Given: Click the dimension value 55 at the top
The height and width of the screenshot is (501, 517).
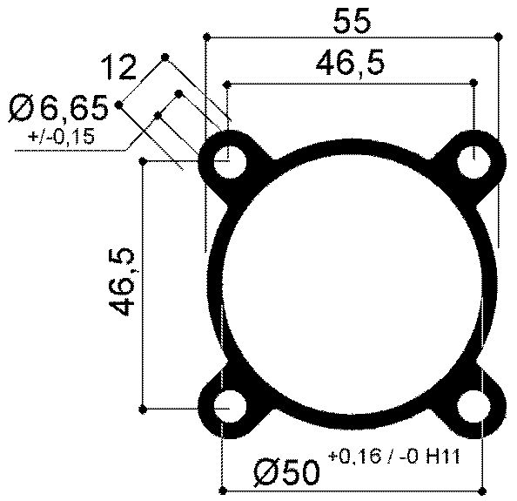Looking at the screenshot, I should [352, 20].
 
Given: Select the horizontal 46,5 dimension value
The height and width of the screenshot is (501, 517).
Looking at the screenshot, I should [352, 64].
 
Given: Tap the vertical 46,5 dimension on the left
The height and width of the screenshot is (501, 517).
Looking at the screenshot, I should [121, 281].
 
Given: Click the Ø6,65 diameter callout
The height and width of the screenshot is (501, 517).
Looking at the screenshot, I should [58, 109].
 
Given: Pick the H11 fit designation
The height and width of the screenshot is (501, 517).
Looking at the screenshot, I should [443, 458].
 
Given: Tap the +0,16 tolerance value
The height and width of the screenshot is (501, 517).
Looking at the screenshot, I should [352, 458].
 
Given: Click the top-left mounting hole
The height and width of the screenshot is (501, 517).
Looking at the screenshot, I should [230, 161].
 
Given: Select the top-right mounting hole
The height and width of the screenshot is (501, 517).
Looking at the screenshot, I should [474, 161].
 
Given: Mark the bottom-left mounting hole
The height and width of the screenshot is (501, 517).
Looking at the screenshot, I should [230, 406].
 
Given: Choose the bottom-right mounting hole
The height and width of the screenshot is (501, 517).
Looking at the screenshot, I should [474, 406].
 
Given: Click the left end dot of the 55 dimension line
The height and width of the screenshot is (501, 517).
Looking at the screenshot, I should [207, 37].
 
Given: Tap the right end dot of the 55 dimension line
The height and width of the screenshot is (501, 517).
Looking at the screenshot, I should [498, 37].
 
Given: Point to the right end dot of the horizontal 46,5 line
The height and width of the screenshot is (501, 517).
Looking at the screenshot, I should [474, 84].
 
